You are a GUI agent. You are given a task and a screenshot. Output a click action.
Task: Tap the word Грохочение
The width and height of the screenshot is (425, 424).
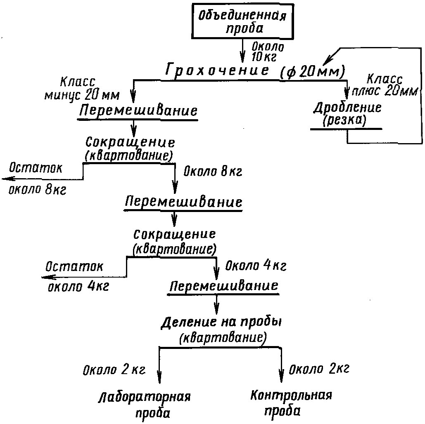[217, 70]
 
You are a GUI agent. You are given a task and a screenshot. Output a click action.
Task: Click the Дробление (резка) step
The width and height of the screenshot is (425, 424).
[347, 114]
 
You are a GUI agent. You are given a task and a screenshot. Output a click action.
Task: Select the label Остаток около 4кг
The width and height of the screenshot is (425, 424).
[77, 276]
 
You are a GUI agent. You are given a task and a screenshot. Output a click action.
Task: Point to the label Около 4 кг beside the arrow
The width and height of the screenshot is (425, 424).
[255, 265]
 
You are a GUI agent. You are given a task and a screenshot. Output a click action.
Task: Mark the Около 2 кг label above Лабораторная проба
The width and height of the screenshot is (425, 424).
[114, 370]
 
